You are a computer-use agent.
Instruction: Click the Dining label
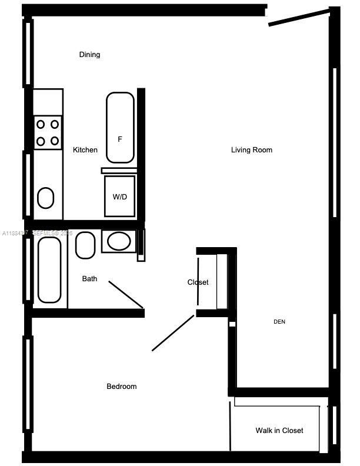[89, 55]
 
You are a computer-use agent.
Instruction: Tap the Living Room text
[251, 150]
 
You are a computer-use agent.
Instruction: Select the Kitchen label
[85, 150]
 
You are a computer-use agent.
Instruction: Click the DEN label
[279, 322]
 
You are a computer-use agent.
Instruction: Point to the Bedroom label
[121, 387]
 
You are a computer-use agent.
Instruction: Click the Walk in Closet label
[279, 431]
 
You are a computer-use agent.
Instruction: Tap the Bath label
[89, 279]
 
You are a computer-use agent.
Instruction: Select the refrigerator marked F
[120, 128]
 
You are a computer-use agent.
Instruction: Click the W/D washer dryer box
[120, 197]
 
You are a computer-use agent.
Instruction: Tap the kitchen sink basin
[46, 198]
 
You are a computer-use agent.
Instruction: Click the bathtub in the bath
[49, 269]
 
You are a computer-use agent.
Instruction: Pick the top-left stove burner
[41, 124]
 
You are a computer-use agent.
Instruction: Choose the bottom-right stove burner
[55, 141]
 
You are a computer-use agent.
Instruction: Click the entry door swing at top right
[299, 17]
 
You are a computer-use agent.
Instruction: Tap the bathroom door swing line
[126, 294]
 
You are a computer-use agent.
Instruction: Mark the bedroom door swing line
[173, 333]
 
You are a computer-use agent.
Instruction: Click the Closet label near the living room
[198, 282]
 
